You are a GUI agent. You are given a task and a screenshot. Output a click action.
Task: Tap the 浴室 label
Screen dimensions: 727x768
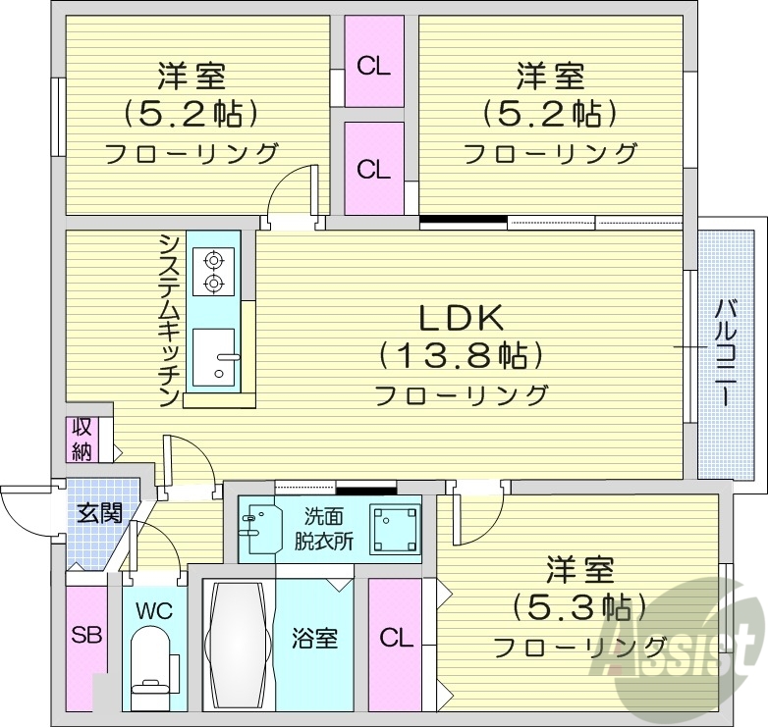click(314, 639)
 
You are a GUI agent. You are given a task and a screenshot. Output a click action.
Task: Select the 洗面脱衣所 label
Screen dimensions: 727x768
click(324, 529)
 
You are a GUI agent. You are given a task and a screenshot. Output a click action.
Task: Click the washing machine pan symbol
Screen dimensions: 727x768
click(393, 527)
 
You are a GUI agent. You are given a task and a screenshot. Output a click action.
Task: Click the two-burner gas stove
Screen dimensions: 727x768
click(213, 272)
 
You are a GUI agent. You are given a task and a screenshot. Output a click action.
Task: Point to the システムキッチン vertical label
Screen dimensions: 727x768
click(169, 320)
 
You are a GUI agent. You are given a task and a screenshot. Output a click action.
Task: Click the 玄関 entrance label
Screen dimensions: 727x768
click(98, 511)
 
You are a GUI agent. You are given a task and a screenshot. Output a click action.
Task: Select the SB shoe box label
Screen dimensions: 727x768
click(85, 635)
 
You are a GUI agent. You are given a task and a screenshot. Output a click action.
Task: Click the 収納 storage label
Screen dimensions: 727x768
click(80, 440)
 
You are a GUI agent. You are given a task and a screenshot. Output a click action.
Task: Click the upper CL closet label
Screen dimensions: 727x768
click(373, 67)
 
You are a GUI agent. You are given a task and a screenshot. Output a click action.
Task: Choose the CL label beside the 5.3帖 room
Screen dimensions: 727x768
click(396, 640)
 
